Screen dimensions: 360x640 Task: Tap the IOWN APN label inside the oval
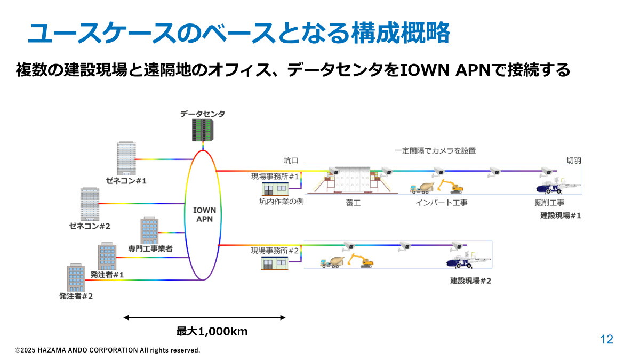click(204, 214)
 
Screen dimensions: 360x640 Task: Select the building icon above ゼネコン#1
click(126, 158)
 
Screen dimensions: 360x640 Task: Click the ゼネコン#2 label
click(90, 226)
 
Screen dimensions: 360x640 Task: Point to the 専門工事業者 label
click(150, 249)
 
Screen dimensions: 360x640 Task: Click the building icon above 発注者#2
click(76, 277)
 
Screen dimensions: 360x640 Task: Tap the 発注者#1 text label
click(107, 275)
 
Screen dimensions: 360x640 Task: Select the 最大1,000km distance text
click(212, 331)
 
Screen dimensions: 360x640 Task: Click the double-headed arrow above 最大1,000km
click(204, 318)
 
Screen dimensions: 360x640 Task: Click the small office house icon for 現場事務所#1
click(275, 188)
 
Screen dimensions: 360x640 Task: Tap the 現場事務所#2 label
click(275, 250)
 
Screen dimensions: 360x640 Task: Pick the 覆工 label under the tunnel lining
click(353, 203)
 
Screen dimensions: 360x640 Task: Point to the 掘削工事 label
click(549, 203)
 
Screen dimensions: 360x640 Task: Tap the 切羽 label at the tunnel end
click(573, 159)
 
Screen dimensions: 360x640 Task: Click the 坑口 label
click(291, 159)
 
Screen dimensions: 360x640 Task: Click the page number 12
click(606, 339)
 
